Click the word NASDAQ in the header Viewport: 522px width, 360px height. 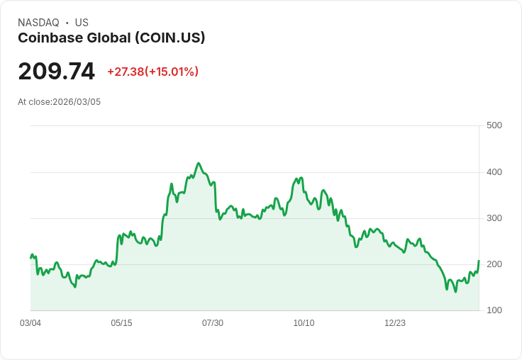(38, 23)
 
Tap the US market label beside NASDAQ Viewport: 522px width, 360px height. (82, 23)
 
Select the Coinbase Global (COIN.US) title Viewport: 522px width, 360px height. (111, 38)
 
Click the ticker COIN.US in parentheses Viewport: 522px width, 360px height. (172, 38)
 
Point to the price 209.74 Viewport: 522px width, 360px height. (56, 72)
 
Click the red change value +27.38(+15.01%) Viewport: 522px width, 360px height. (152, 72)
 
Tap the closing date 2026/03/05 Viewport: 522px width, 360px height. (77, 102)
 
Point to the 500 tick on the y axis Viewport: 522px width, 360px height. (494, 125)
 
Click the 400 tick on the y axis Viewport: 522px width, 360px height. (494, 172)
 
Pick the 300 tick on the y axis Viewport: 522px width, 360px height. (494, 218)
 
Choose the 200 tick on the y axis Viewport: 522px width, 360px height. (494, 264)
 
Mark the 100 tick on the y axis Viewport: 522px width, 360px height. (494, 310)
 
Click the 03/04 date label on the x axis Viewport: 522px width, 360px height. (30, 323)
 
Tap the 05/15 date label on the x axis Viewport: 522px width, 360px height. (121, 323)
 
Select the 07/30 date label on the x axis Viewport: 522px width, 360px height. (213, 323)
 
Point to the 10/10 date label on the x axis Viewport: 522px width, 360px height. (304, 323)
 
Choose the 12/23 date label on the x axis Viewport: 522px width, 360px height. (395, 323)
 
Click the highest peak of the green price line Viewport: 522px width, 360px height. (199, 163)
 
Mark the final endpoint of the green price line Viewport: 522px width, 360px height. (479, 261)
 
